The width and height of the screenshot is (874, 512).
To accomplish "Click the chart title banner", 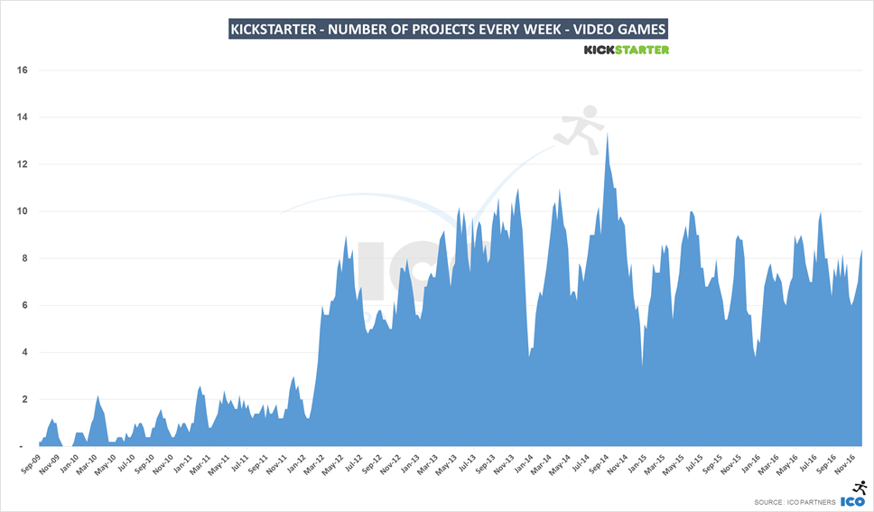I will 448,29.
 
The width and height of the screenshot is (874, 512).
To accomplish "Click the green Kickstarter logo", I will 627,50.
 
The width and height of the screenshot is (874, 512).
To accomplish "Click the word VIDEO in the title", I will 590,29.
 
